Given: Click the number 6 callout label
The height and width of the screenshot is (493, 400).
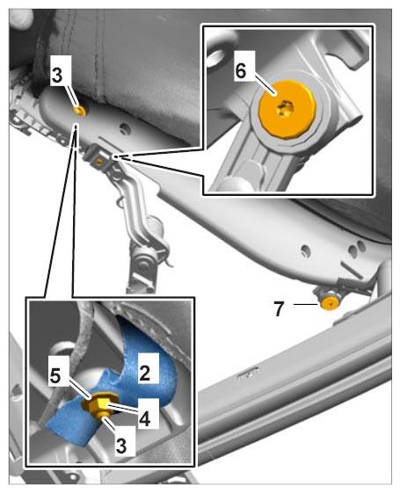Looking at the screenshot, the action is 241,71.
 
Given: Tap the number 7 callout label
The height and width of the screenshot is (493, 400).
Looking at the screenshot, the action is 279,308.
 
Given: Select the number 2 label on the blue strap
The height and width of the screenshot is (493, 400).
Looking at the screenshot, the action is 144,373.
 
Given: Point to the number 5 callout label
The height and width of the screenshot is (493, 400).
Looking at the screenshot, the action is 55,375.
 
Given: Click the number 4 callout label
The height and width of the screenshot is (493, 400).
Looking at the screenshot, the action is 144,418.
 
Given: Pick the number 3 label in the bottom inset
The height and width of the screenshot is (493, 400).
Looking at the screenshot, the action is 121,445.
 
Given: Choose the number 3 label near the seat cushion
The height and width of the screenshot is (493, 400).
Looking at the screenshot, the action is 57,76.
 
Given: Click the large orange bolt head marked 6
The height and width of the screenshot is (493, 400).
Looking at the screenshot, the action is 287,109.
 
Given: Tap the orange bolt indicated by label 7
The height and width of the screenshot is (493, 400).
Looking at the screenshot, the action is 331,304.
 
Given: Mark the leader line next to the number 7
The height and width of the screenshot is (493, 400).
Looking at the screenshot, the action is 305,304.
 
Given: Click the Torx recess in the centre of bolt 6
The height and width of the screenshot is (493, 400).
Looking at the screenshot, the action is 285,108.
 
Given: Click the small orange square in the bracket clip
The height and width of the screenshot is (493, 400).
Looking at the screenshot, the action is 100,162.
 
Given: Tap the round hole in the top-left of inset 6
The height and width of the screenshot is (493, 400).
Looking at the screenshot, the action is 215,56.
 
